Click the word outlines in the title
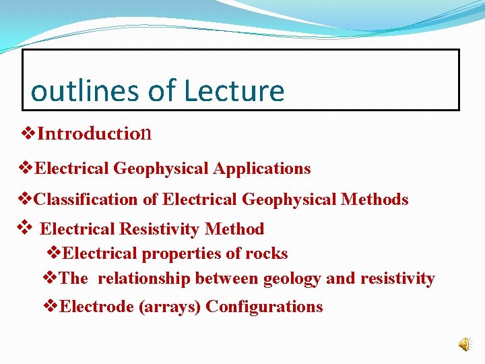[x=73, y=91]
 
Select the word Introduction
[x=94, y=133]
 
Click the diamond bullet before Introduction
[x=28, y=133]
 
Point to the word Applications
[x=262, y=169]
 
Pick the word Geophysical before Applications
[x=162, y=169]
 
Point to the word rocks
[x=266, y=253]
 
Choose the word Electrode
[x=97, y=307]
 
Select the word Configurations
[x=264, y=307]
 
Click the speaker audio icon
[x=465, y=344]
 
